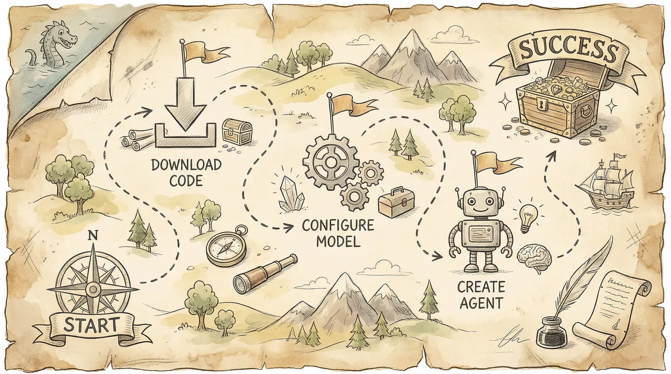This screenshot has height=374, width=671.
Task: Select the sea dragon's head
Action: click(x=62, y=37)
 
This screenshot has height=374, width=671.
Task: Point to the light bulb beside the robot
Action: click(x=527, y=216)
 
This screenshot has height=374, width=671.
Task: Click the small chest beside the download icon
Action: click(x=237, y=131)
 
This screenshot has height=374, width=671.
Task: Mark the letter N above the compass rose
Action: click(x=93, y=236)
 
